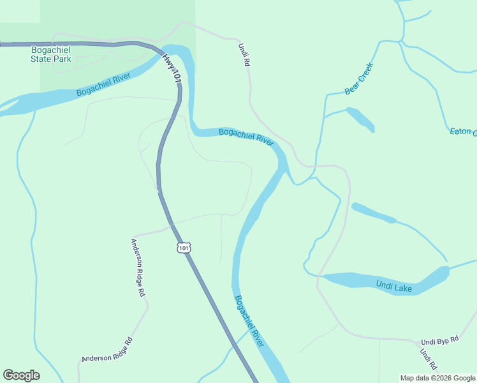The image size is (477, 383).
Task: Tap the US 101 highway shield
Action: coord(184,247)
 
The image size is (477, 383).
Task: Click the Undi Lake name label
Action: coord(393,287)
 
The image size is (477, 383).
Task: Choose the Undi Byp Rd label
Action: coord(439,341)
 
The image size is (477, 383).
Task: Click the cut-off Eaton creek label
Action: coord(463,131)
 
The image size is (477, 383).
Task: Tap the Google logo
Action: coord(21,375)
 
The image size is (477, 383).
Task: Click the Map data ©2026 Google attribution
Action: coord(437,378)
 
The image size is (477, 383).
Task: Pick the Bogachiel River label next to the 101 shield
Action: coord(249,320)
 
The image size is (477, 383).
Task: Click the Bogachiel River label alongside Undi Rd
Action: coord(246,136)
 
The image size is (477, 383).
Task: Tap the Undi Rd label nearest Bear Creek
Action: coord(243,56)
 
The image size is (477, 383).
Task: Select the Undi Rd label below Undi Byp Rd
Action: coord(428,359)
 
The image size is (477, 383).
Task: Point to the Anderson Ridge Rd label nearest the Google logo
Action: coord(106,350)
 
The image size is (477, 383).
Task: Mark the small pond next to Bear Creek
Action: coord(360,119)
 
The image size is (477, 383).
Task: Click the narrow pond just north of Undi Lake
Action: coord(374,213)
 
